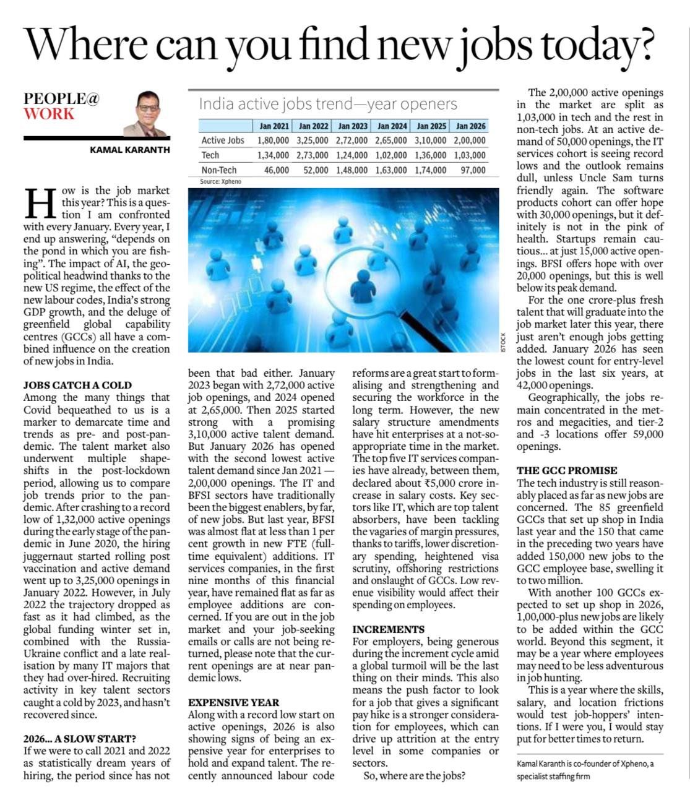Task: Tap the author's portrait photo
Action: pyautogui.click(x=147, y=113)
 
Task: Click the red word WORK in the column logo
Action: pyautogui.click(x=49, y=114)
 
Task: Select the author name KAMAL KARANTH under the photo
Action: pyautogui.click(x=129, y=149)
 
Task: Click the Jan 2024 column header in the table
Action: pyautogui.click(x=392, y=126)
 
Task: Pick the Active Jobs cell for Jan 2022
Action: pyautogui.click(x=312, y=140)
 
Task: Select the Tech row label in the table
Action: pyautogui.click(x=210, y=155)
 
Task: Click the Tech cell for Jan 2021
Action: pyautogui.click(x=273, y=155)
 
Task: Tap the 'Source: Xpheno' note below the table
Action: pyautogui.click(x=220, y=182)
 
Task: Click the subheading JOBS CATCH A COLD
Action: pyautogui.click(x=77, y=385)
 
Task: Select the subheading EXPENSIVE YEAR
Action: pyautogui.click(x=234, y=702)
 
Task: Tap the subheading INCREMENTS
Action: pyautogui.click(x=389, y=629)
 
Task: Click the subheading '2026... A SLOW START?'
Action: pyautogui.click(x=80, y=738)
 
